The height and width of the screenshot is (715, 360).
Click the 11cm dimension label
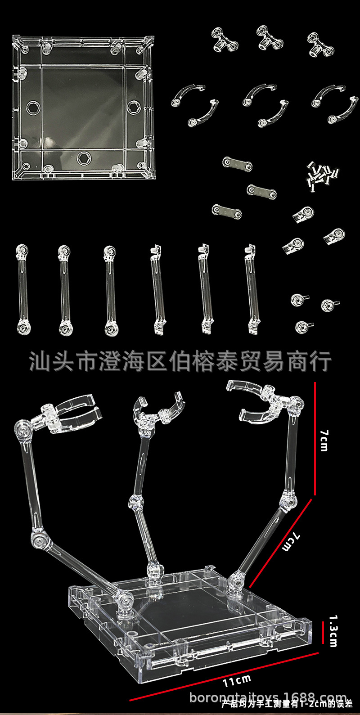coord(237,681)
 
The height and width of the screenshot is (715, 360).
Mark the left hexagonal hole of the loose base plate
coord(32,108)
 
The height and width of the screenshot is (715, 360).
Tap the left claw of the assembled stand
coord(72,411)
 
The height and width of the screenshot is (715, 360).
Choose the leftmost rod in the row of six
coord(22,289)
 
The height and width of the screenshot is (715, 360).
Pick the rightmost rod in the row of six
coord(252,289)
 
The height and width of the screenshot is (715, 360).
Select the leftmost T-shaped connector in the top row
coord(225,40)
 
